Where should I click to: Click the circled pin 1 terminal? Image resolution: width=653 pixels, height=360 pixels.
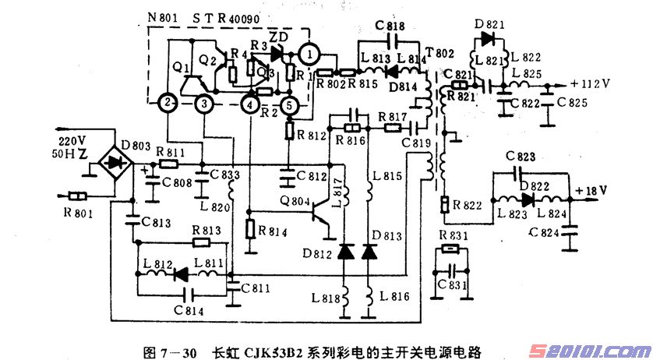pos(310,54)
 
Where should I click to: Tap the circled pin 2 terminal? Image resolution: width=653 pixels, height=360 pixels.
pos(166,102)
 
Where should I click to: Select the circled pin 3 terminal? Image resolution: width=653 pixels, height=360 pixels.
pos(203,102)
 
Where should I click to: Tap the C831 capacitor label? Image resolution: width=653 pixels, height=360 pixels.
pos(452,286)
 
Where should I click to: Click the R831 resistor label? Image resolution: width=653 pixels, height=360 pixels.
pos(453,235)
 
